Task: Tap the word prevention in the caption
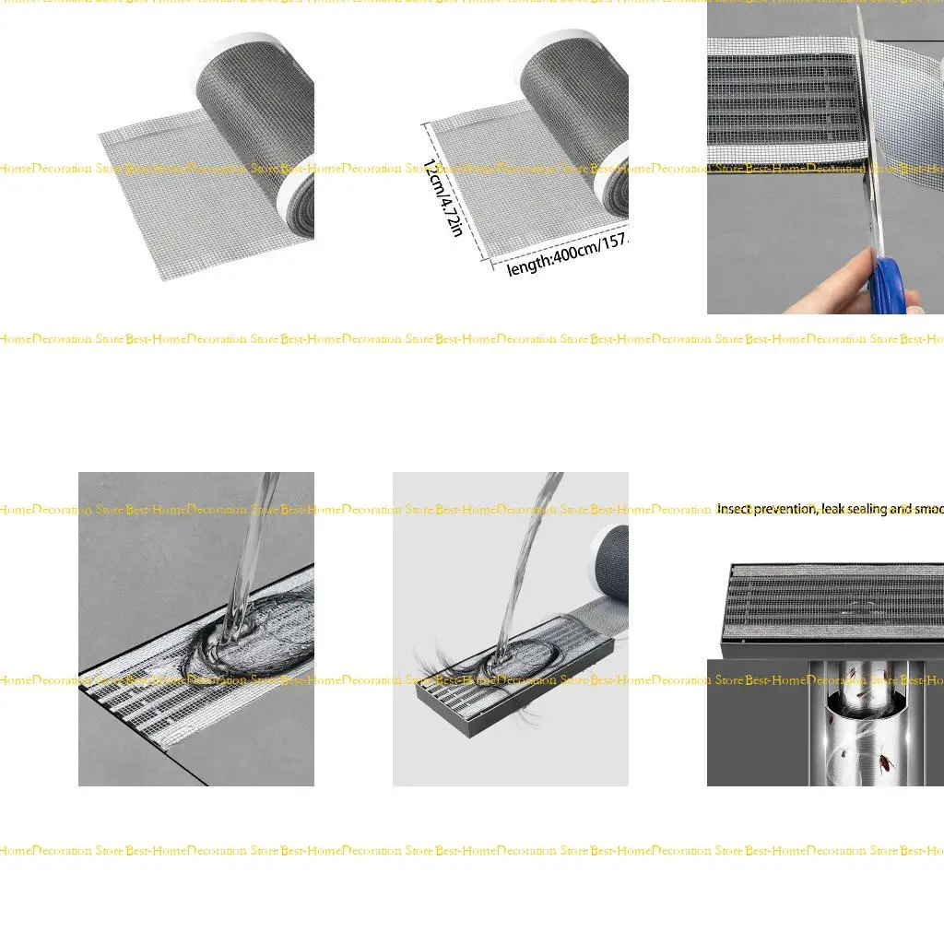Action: (785, 509)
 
